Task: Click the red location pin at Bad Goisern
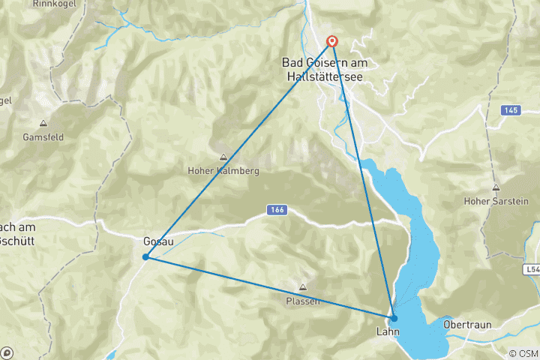click(331, 42)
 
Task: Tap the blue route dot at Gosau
click(145, 256)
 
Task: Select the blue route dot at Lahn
click(394, 318)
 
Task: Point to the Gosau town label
click(158, 241)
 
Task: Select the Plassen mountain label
click(303, 301)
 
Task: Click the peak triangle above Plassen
click(303, 287)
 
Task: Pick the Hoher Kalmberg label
click(223, 171)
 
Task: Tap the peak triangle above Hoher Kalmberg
click(223, 157)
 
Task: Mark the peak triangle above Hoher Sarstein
click(495, 187)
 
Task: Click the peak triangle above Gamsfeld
click(43, 124)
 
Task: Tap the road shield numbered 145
click(511, 110)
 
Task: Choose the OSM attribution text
click(523, 353)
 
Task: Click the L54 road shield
click(532, 268)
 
